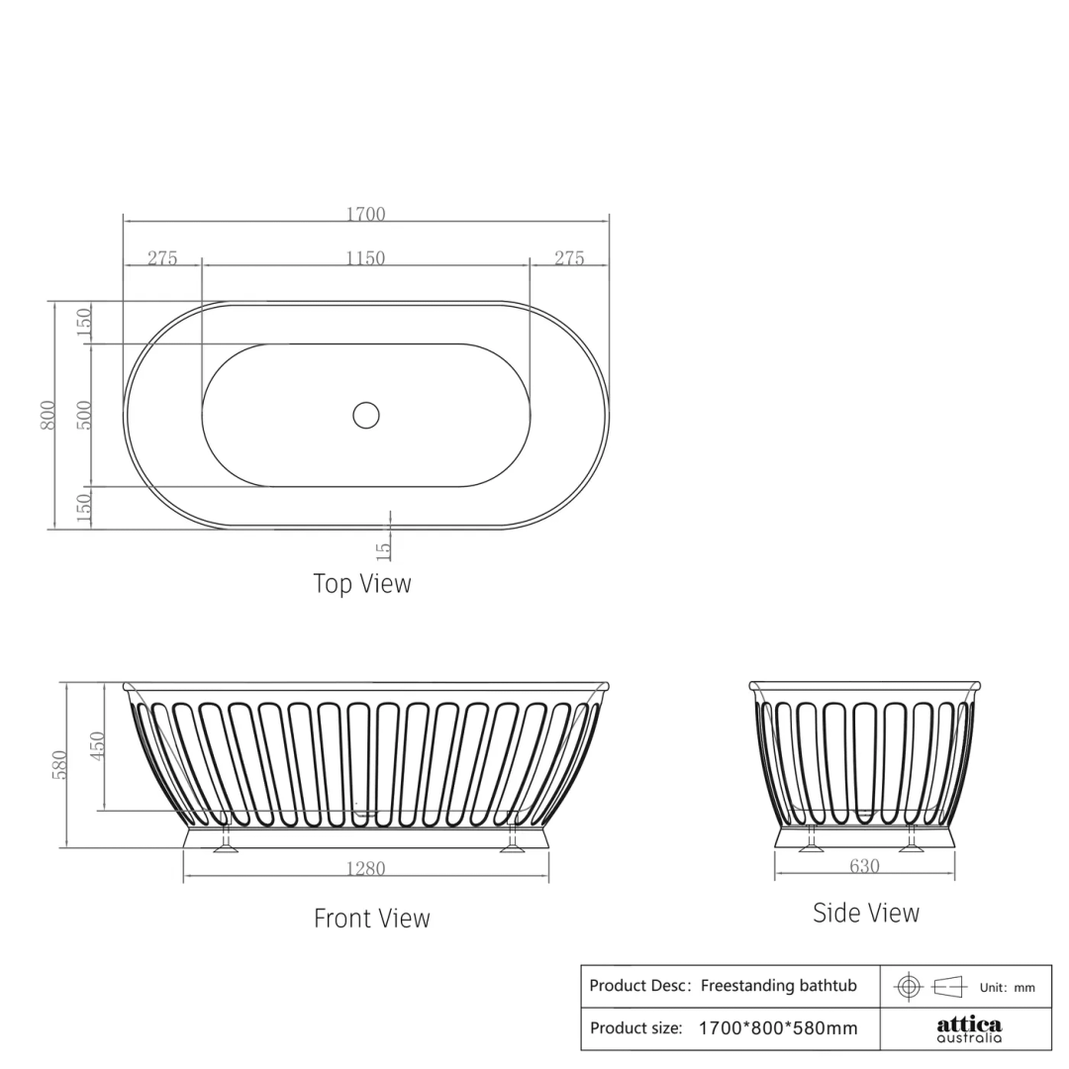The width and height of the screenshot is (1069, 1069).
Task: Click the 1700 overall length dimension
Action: (365, 214)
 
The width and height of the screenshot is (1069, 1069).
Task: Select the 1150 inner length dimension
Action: (365, 258)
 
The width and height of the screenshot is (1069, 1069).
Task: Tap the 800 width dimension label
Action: (48, 415)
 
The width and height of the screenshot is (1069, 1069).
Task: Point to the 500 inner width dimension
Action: (84, 415)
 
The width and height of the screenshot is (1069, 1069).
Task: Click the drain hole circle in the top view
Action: (366, 415)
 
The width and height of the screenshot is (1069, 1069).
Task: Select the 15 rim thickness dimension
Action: (384, 545)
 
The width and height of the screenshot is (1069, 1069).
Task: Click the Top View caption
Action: (362, 583)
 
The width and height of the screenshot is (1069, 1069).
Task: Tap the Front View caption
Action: (372, 919)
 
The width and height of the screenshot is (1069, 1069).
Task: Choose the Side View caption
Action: (866, 913)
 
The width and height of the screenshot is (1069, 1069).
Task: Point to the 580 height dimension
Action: (59, 764)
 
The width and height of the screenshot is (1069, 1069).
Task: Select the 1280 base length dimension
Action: (365, 869)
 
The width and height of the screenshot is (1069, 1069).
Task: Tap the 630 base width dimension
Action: (864, 866)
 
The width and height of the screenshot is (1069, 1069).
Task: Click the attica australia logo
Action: (969, 1029)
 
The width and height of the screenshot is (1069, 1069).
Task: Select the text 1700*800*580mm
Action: (778, 1028)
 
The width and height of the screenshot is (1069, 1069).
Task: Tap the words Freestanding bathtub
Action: (779, 986)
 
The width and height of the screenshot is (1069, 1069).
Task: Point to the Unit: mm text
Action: (1007, 987)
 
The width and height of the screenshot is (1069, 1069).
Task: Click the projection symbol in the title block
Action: (929, 986)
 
